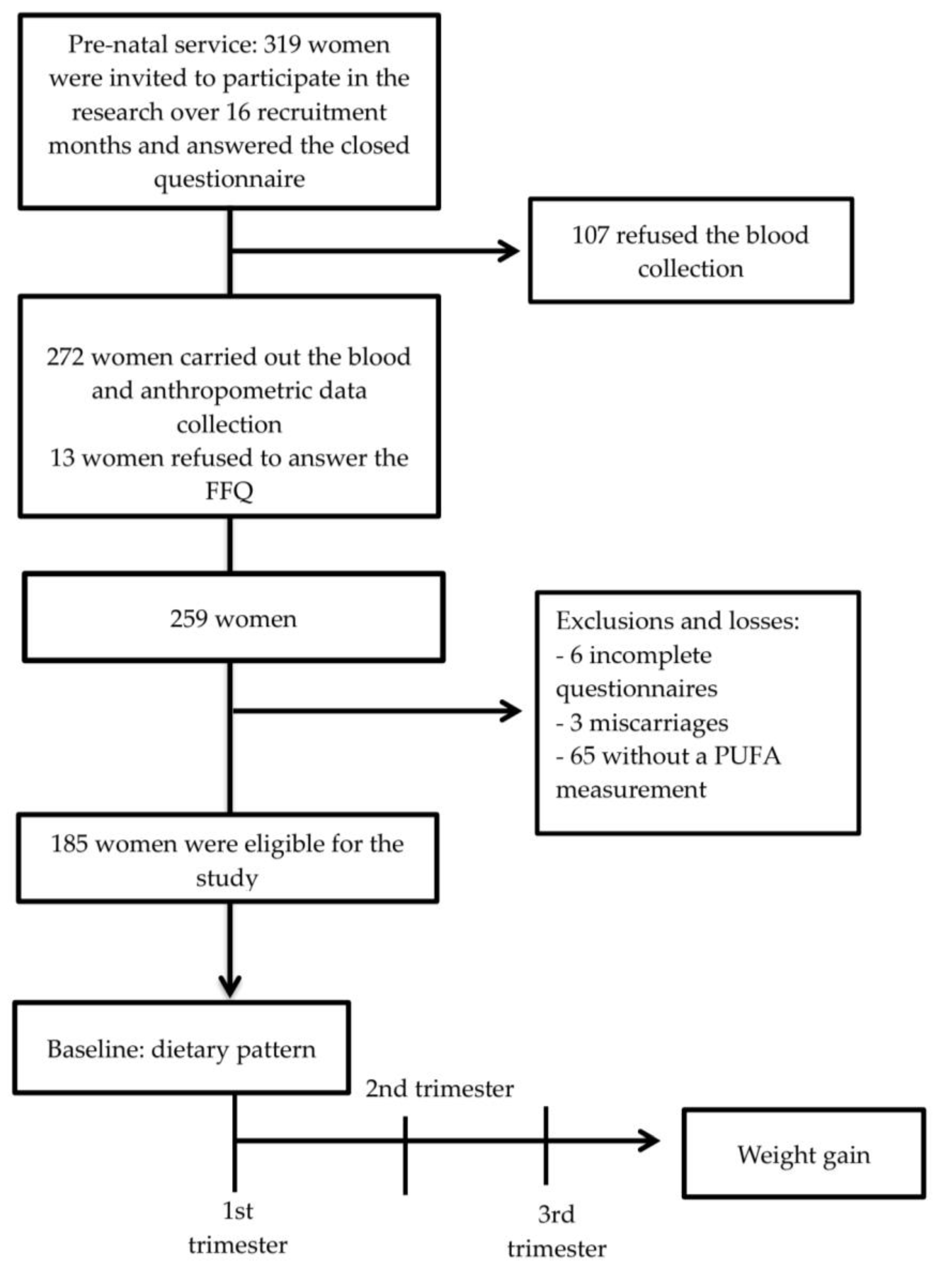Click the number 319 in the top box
282,45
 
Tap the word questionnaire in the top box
230,179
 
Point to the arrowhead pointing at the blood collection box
509,250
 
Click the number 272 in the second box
65,357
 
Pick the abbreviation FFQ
230,490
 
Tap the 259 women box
233,618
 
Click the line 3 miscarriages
641,723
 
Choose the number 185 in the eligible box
69,844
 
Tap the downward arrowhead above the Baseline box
230,987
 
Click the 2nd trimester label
439,1089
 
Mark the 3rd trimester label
556,1230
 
